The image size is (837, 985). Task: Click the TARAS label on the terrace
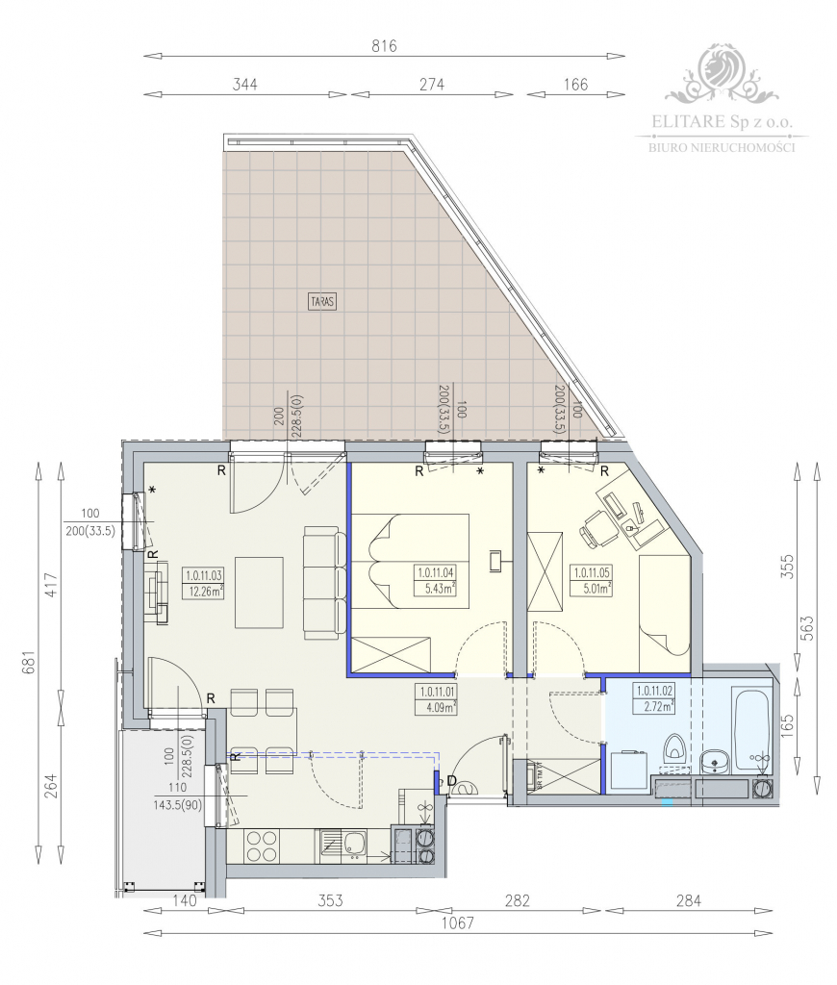tap(323, 300)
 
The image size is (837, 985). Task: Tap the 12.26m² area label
tap(203, 591)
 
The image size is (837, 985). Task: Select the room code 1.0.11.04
tap(435, 573)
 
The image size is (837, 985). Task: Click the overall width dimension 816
tap(385, 45)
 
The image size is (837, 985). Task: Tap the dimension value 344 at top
tap(245, 85)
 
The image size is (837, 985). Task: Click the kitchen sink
tap(352, 845)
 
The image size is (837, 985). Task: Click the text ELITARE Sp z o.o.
tap(721, 122)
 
